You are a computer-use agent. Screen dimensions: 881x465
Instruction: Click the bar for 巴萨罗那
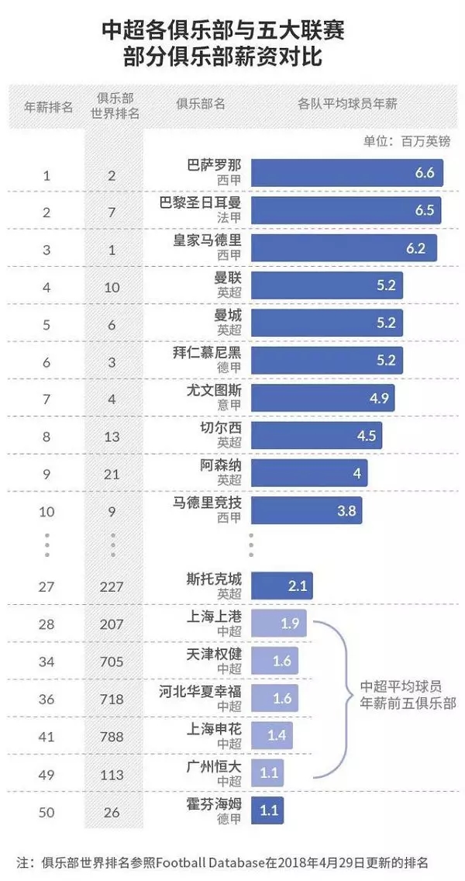pos(346,173)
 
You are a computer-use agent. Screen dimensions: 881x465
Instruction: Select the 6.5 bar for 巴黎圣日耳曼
pos(346,210)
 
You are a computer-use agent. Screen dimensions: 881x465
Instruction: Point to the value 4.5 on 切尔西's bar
pos(366,436)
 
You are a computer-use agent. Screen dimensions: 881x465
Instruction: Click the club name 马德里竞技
pos(207,503)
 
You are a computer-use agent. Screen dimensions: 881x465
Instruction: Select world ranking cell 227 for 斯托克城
pos(112,586)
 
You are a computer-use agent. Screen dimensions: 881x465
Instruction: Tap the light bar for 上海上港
pos(279,623)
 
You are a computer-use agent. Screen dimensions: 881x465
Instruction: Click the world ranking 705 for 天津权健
pos(112,661)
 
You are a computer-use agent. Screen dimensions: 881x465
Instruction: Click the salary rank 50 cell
pos(46,812)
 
